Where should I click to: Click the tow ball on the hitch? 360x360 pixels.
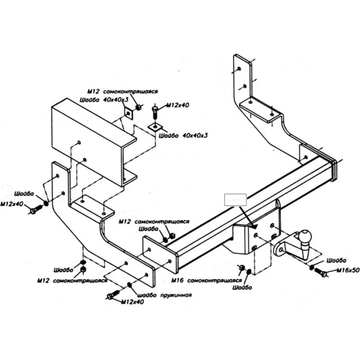(305, 236)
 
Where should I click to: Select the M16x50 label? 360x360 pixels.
(348, 270)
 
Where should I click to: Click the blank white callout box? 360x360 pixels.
(235, 200)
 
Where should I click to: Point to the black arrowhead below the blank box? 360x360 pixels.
(254, 226)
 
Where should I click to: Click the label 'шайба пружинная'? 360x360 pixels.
(164, 295)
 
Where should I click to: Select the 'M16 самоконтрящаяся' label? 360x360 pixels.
(207, 280)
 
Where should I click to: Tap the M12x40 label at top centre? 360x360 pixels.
(178, 105)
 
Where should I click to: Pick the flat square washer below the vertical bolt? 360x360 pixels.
(155, 127)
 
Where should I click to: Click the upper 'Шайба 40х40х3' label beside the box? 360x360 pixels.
(104, 100)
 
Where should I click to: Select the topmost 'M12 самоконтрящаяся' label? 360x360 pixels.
(122, 91)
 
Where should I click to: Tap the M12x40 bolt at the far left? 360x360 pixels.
(36, 209)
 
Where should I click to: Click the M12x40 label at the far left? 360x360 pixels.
(12, 204)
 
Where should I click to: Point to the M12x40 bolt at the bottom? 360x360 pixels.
(113, 294)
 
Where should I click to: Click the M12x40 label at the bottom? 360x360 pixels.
(132, 301)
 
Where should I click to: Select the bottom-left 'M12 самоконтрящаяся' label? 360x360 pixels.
(72, 280)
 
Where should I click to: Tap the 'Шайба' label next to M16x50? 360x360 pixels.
(336, 261)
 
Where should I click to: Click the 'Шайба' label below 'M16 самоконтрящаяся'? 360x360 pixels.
(242, 288)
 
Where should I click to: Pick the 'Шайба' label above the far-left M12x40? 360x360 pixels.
(24, 193)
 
